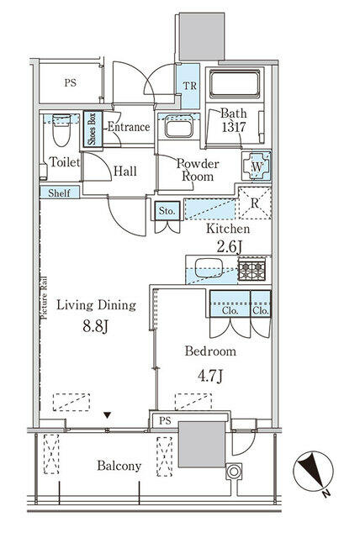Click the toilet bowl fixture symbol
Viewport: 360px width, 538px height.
click(61, 131)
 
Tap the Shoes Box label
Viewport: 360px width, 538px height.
click(93, 129)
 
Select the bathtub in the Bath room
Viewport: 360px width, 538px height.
click(235, 84)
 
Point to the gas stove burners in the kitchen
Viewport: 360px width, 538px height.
click(251, 271)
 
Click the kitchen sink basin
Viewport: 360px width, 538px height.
click(209, 267)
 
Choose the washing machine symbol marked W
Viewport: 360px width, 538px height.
click(257, 167)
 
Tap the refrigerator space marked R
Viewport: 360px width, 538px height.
click(255, 203)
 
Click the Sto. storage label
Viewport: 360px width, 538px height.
click(167, 211)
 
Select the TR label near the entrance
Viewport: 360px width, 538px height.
click(189, 86)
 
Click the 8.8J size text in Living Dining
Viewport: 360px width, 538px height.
click(95, 326)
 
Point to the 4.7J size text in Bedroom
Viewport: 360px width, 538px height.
click(210, 376)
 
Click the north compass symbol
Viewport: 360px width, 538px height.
click(313, 471)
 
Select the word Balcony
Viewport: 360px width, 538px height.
click(119, 466)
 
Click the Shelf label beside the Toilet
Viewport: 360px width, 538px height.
click(59, 193)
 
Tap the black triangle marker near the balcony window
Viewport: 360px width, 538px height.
click(108, 415)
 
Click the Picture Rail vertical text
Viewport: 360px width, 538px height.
click(45, 298)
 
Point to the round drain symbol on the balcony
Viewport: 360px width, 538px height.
click(234, 471)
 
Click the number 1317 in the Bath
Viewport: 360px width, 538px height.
click(234, 127)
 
